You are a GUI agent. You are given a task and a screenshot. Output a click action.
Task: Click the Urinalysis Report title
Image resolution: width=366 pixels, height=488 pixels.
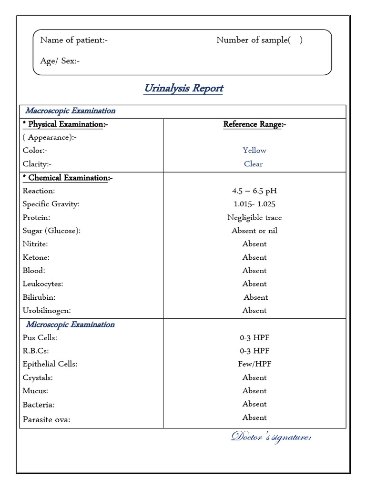[183, 88]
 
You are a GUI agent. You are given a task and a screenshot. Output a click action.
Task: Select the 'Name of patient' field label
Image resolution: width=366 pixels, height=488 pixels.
[74, 40]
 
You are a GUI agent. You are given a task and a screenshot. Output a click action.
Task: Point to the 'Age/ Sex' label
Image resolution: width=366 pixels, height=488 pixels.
[60, 61]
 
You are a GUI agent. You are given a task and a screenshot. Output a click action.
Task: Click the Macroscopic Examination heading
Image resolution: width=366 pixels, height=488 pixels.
[70, 111]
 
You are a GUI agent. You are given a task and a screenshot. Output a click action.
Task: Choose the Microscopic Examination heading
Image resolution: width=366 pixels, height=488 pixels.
[70, 325]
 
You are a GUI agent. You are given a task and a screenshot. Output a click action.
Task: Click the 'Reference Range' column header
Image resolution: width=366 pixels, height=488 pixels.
[254, 124]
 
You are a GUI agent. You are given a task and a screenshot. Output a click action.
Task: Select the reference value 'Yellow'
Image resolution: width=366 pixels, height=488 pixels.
[254, 151]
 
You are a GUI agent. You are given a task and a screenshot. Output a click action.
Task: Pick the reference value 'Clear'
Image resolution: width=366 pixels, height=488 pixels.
[254, 164]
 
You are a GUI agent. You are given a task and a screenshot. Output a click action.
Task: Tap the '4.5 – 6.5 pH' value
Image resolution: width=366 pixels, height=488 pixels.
[254, 191]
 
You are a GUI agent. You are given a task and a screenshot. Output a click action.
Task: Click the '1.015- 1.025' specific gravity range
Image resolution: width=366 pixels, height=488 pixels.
[254, 204]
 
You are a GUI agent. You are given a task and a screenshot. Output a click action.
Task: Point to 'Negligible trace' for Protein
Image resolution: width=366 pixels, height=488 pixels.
[254, 217]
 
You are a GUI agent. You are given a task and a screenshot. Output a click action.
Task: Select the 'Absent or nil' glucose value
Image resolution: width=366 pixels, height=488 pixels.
[254, 231]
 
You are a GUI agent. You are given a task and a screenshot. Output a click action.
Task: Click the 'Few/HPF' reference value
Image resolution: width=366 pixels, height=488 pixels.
[254, 364]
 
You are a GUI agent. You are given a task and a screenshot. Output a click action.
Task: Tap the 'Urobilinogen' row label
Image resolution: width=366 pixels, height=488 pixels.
[47, 311]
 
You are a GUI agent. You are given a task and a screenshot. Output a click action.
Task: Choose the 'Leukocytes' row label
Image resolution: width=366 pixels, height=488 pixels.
[43, 284]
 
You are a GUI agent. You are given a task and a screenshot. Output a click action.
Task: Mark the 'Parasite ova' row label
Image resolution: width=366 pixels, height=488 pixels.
[46, 420]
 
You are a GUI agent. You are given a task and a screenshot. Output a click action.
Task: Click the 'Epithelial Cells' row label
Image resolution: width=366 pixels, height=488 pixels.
[50, 364]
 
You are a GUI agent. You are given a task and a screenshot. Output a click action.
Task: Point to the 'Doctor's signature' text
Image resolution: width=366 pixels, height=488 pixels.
[271, 437]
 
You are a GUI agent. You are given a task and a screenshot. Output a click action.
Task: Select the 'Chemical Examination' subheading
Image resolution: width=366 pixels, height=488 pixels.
[68, 178]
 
